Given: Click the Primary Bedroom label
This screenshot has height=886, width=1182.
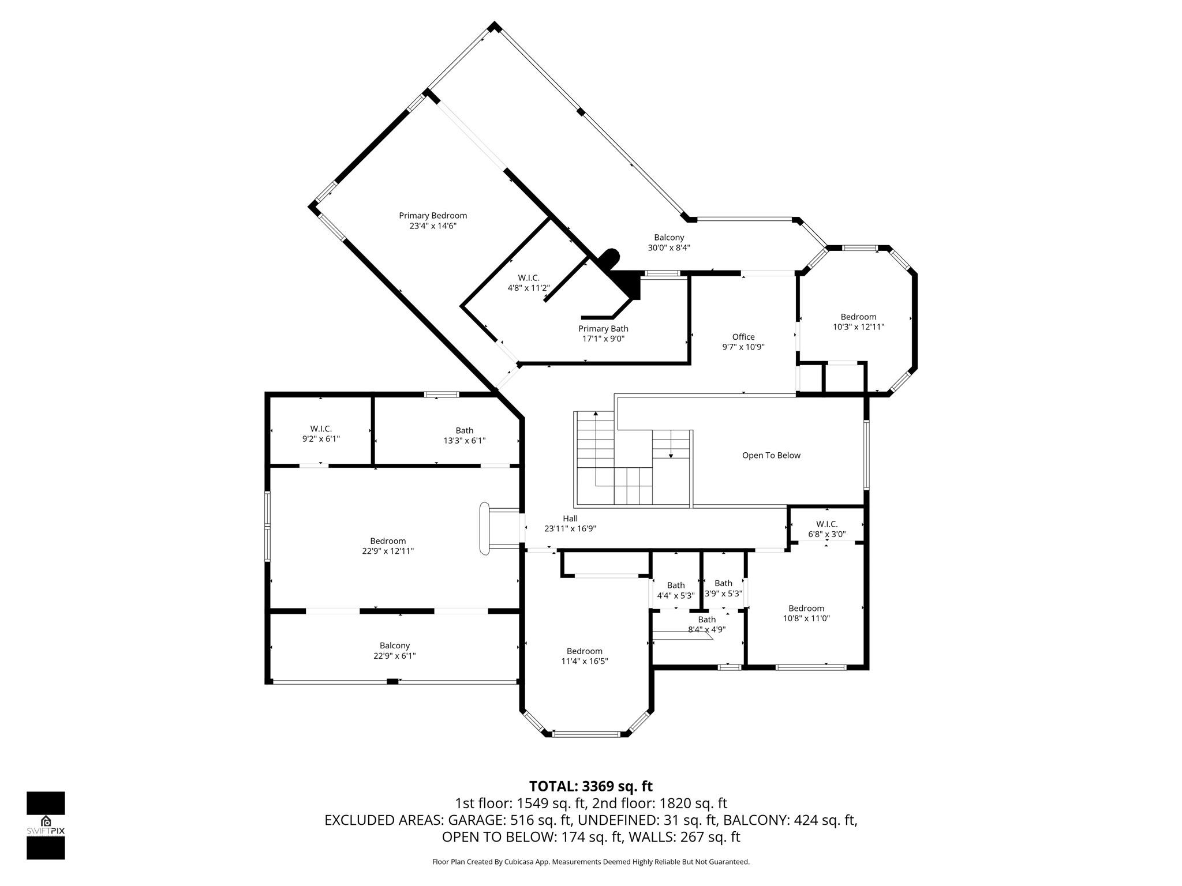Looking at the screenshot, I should pos(433,221).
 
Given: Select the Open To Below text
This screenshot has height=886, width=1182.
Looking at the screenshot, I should pos(771,456).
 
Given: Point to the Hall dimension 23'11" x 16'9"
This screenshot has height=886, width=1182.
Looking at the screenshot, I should pos(570,528).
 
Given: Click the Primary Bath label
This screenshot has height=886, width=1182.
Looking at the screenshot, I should pos(603,334).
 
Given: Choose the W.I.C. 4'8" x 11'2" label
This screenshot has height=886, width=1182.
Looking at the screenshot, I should pos(529,283).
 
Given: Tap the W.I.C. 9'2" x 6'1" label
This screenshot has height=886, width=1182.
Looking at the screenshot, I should pos(321,434).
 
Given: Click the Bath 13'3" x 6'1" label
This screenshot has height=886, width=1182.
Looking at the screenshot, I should pos(464,436).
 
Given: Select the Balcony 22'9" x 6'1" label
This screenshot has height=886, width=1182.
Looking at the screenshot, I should pos(394,651).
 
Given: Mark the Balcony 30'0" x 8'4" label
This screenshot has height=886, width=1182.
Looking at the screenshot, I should pos(669,242).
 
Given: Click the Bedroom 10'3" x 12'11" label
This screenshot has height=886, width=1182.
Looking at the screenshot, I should pos(858,322).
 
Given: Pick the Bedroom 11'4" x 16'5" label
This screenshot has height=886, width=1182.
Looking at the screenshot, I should pos(584,656).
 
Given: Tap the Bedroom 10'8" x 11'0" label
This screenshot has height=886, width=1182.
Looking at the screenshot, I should pos(806,613).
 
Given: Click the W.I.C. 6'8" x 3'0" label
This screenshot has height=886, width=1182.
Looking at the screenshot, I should pos(826,529).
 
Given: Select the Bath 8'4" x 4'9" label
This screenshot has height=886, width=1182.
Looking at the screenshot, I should pos(706,625).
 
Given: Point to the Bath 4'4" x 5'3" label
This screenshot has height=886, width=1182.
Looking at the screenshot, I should pos(676,590).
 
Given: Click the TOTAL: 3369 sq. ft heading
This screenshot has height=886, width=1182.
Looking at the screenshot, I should pos(590,786).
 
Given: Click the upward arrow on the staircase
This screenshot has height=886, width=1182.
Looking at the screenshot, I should pos(596,415).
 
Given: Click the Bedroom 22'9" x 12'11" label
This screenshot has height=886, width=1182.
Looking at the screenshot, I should pos(388,546).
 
